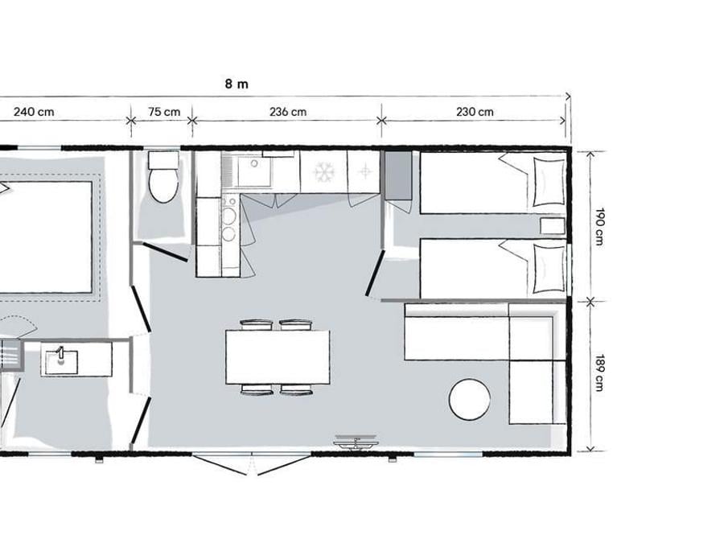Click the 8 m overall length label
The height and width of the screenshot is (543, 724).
click(x=237, y=84)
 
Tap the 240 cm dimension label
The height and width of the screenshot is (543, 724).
click(x=34, y=112)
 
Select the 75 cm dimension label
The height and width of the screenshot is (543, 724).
click(x=164, y=112)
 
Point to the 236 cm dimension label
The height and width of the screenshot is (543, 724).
click(x=288, y=112)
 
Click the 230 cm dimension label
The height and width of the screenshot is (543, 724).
click(x=475, y=112)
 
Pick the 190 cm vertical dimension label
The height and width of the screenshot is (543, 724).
click(x=599, y=227)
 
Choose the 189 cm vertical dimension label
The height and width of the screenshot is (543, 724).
click(x=599, y=372)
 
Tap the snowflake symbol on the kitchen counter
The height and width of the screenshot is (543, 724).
click(x=324, y=172)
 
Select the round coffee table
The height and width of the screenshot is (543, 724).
click(x=469, y=399)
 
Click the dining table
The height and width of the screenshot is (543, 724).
click(x=278, y=357)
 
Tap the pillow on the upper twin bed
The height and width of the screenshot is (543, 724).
click(x=549, y=182)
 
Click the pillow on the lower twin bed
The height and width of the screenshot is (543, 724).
click(x=549, y=269)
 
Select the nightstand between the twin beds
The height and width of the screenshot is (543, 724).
click(x=553, y=226)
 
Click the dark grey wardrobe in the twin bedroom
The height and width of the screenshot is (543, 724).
click(x=398, y=175)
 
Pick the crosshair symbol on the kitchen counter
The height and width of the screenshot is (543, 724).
click(x=365, y=172)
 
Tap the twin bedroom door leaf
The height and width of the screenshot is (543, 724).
click(x=375, y=273)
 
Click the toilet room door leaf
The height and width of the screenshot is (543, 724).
click(x=165, y=252)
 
